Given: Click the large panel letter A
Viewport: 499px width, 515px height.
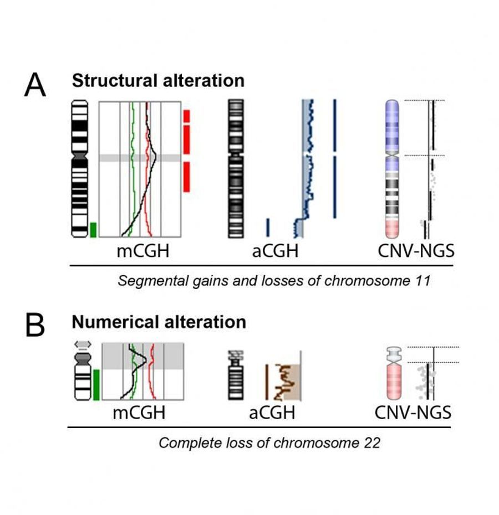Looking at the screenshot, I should coord(35,86).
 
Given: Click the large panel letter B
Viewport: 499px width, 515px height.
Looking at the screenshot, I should coord(35,327).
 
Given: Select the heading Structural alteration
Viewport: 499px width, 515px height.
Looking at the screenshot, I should coord(158,80).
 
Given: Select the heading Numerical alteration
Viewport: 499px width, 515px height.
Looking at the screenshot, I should coord(159,322).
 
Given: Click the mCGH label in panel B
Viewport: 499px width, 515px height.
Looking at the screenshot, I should coord(139,413).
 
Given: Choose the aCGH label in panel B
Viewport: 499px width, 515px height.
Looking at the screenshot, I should coord(272,413).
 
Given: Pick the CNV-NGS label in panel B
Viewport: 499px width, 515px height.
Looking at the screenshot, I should coord(413,413).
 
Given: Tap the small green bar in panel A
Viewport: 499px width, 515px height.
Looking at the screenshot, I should coord(94,230).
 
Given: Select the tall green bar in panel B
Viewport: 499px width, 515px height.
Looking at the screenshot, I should coord(96,384).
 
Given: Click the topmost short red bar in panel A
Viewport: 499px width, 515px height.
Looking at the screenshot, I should coord(187,115).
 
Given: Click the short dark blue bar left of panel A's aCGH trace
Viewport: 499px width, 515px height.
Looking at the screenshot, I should coord(268,227).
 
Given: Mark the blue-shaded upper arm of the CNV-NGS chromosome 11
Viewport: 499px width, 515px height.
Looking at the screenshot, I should coord(394,125).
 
